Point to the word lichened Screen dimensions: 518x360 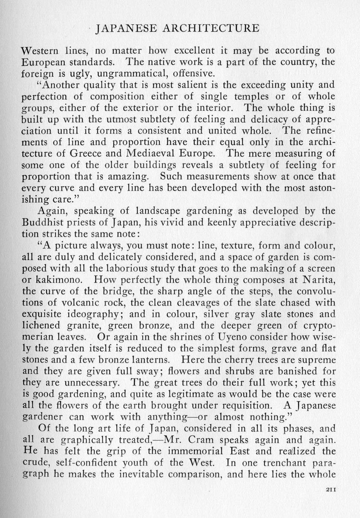[41, 325]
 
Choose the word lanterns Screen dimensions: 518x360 [153, 360]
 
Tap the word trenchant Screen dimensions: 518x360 [284, 462]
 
